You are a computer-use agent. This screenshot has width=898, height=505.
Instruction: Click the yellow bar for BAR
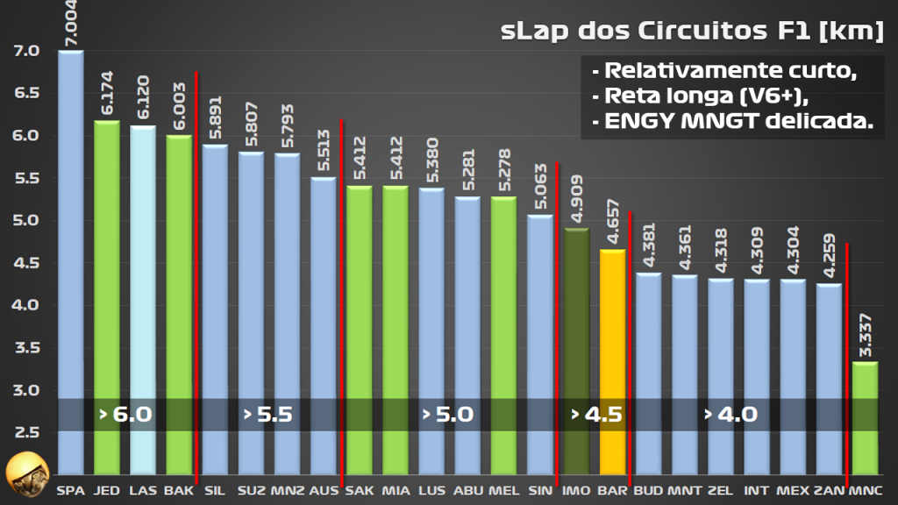(x=612, y=351)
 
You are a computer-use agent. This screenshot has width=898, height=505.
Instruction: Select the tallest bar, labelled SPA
(x=70, y=263)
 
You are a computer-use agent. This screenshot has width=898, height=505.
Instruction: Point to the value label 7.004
(x=70, y=24)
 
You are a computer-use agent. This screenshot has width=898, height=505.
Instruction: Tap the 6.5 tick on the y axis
(x=26, y=93)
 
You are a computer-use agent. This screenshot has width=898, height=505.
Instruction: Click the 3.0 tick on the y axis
(x=26, y=390)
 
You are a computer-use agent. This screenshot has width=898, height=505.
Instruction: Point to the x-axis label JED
(x=106, y=491)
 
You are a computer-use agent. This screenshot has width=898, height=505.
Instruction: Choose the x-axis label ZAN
(x=828, y=491)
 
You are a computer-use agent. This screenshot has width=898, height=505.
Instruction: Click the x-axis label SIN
(x=540, y=491)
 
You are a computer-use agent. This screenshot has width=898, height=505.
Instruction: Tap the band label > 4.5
(x=596, y=415)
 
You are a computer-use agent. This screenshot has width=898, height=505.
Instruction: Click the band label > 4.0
(x=730, y=415)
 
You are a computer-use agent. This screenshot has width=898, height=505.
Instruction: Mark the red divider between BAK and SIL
(x=196, y=263)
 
